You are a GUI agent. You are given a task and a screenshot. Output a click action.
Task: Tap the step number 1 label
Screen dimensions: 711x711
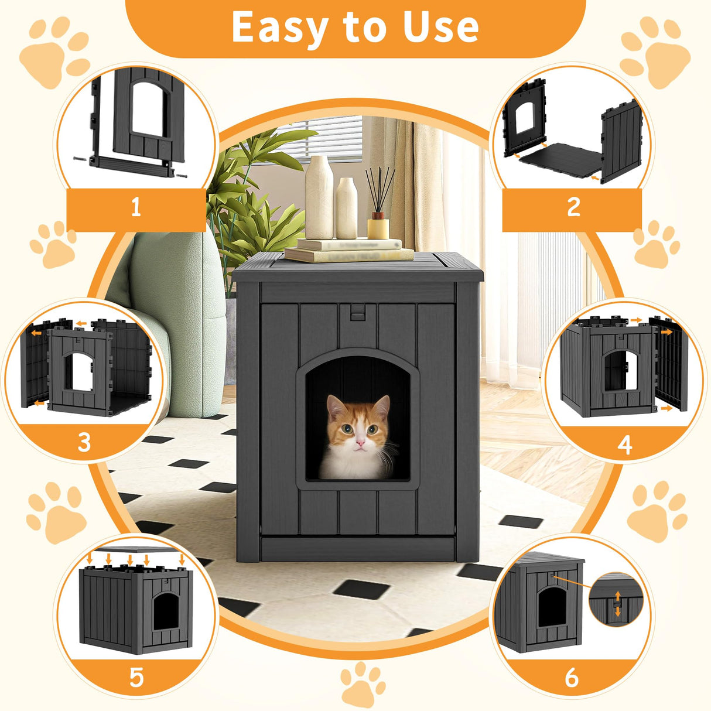coord(136,207)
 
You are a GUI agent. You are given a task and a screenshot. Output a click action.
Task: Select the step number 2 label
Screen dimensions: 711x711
coord(573,207)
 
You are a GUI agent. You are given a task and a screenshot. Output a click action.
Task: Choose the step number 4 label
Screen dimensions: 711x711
coord(625,445)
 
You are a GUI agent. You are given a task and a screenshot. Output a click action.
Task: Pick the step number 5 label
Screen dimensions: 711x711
coord(136,678)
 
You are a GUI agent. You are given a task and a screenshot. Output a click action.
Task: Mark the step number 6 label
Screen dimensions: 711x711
coord(572,678)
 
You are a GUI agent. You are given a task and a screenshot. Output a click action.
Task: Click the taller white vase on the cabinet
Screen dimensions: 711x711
coord(319,197)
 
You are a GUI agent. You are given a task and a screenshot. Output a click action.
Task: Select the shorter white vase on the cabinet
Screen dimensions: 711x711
coord(346,208)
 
